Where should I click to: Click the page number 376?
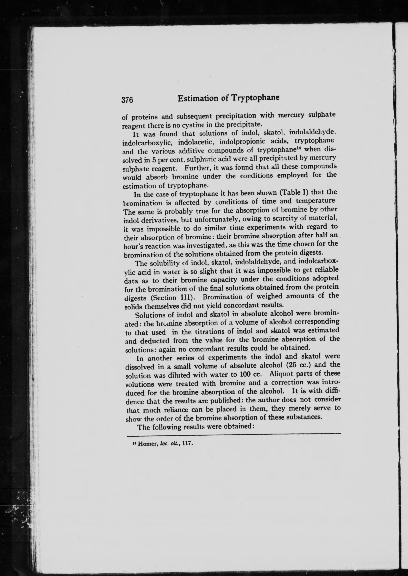(127, 100)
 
